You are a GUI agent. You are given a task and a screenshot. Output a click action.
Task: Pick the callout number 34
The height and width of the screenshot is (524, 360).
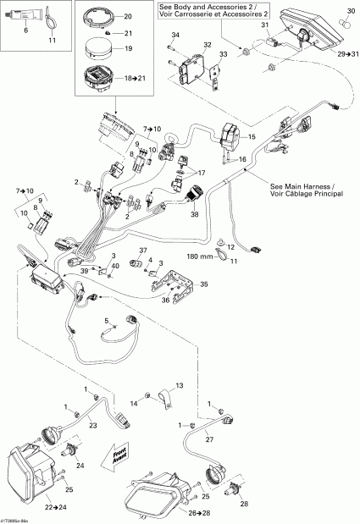pos(174,34)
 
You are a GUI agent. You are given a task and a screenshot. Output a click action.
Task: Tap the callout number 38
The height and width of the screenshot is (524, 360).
pos(195,216)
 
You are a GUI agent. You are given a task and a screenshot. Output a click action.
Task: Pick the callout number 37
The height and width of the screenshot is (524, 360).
pos(143,250)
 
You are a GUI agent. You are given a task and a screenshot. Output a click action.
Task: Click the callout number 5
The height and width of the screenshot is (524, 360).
pos(107,321)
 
